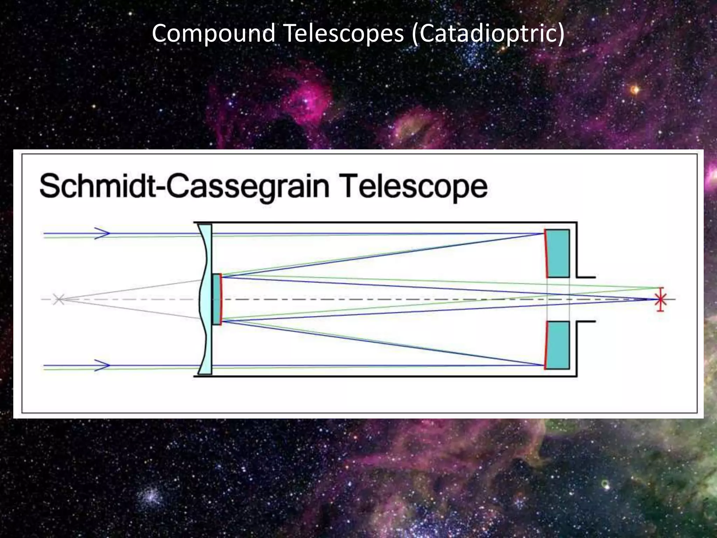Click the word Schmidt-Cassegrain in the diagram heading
pyautogui.click(x=184, y=187)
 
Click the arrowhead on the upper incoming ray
pyautogui.click(x=102, y=233)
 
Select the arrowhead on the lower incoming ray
pyautogui.click(x=102, y=365)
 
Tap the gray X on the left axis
pyautogui.click(x=58, y=299)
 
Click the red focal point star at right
pyautogui.click(x=661, y=299)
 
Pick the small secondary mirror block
pyautogui.click(x=216, y=299)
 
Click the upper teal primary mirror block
pyautogui.click(x=558, y=253)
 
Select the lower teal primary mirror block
pyautogui.click(x=558, y=345)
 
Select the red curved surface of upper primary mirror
pyautogui.click(x=546, y=253)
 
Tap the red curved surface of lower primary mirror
pyautogui.click(x=546, y=345)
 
